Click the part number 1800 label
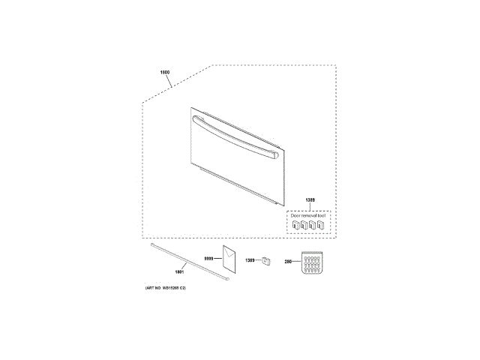tap(165, 73)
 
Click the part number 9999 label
tap(209, 258)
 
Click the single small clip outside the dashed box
tap(264, 260)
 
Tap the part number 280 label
tap(287, 262)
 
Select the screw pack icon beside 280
tap(310, 263)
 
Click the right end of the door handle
tap(278, 155)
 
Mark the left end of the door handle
tap(196, 119)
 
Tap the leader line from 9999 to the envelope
tap(218, 258)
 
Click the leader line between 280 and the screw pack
tap(295, 262)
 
